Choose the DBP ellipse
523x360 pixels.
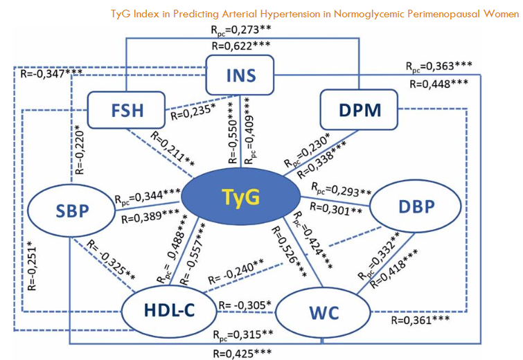(x=415, y=207)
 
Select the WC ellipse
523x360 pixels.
(x=324, y=314)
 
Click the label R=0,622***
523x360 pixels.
(x=241, y=47)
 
